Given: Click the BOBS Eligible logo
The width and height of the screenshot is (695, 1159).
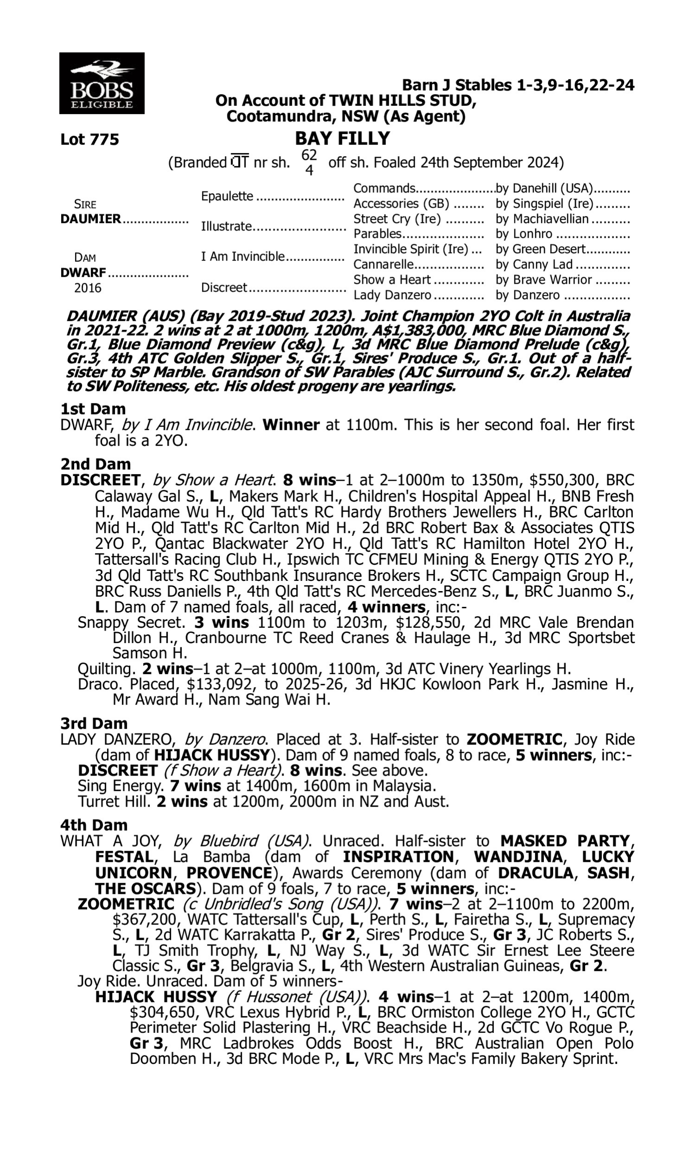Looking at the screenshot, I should tap(101, 83).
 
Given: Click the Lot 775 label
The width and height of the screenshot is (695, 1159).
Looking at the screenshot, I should tap(89, 140).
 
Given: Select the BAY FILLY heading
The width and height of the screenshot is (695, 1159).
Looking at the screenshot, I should tap(342, 139).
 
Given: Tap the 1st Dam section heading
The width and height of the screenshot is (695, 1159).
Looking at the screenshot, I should tap(93, 409).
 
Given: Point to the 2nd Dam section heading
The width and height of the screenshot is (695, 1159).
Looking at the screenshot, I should tap(95, 464).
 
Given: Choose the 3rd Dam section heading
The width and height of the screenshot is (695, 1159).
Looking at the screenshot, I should tap(94, 724).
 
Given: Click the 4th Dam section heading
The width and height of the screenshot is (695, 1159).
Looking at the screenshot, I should tap(94, 825).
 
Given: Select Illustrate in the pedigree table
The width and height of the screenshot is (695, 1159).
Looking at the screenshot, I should tap(226, 227).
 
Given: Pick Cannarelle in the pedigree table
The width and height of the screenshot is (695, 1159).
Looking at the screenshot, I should tap(384, 265).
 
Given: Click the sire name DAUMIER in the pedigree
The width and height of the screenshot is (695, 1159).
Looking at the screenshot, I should tap(90, 219).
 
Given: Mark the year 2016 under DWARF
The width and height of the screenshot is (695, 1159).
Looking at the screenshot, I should tap(88, 288).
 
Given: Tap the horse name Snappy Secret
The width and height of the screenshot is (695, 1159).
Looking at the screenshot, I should tap(131, 623).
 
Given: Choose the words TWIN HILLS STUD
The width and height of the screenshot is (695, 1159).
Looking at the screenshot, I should tap(402, 101).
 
